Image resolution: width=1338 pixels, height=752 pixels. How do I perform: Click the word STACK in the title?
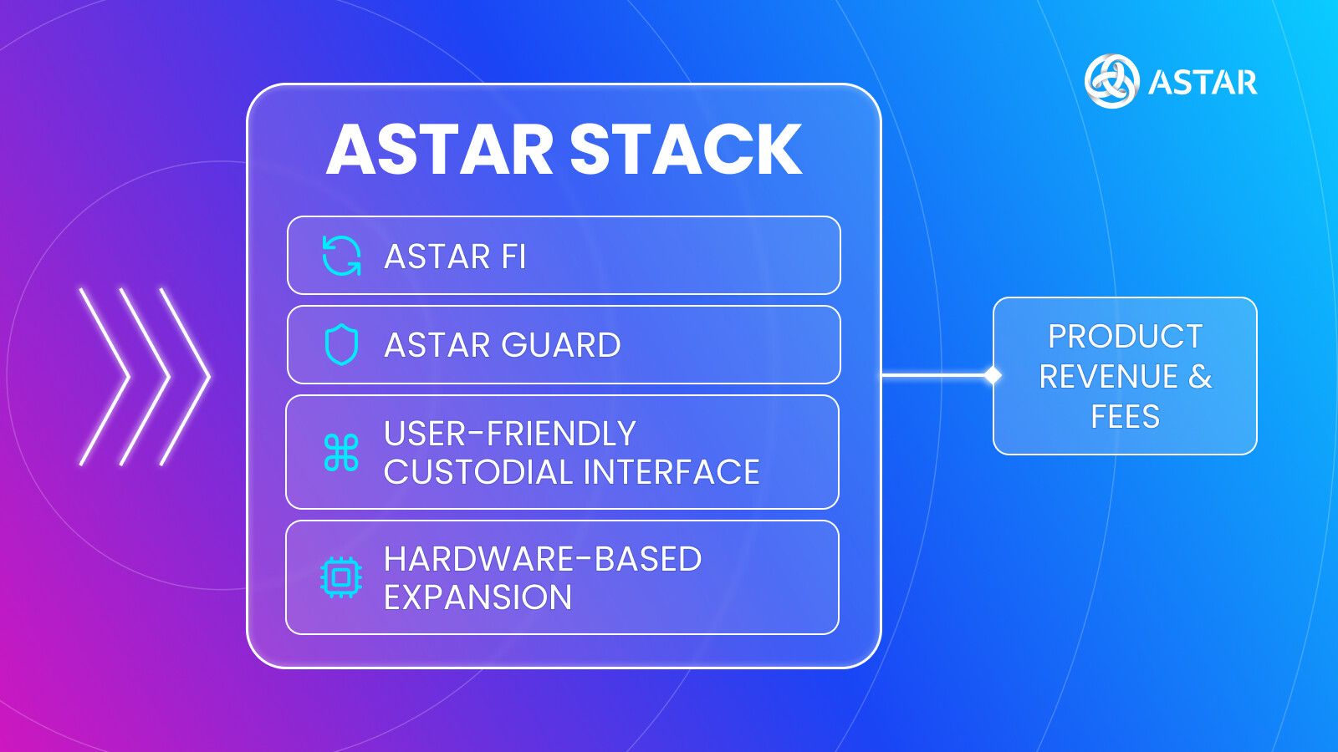click(x=686, y=150)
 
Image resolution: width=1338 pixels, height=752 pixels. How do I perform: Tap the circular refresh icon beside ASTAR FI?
click(x=341, y=256)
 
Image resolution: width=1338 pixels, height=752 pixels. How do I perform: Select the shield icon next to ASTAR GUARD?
click(x=341, y=345)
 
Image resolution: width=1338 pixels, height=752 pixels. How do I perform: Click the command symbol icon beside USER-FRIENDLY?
click(x=341, y=453)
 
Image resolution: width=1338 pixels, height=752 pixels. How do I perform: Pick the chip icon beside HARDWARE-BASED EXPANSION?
click(x=341, y=577)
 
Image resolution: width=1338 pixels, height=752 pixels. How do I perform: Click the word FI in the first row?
click(x=513, y=257)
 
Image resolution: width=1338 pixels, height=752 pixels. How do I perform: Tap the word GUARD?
click(x=561, y=345)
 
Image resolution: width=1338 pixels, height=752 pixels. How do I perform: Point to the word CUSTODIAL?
click(x=478, y=472)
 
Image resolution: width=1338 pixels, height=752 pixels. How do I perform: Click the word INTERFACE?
click(x=672, y=472)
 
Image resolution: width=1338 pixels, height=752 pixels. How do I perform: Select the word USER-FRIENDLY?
click(x=510, y=434)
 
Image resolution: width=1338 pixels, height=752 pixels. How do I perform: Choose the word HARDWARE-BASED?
click(x=543, y=559)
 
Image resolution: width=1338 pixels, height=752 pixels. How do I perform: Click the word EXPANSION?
click(x=477, y=597)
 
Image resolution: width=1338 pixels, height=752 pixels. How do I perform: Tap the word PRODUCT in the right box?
click(x=1125, y=337)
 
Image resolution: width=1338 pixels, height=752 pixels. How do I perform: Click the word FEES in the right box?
click(x=1125, y=416)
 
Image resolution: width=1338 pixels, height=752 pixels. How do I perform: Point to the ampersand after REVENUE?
click(x=1200, y=377)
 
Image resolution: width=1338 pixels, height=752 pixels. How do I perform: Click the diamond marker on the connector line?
click(x=993, y=376)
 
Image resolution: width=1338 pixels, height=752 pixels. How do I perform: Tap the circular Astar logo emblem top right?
click(x=1111, y=81)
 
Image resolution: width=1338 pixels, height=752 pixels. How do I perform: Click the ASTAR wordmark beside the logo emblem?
click(x=1203, y=83)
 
